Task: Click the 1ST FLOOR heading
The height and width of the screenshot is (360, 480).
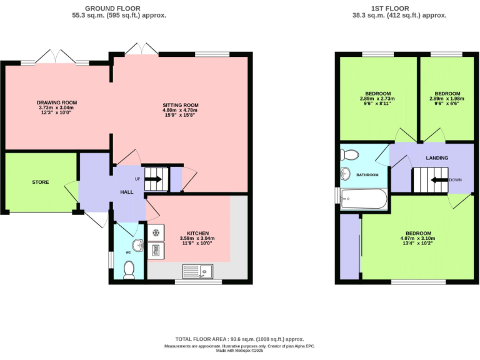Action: tap(391, 7)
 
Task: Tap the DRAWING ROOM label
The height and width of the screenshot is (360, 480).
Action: tap(56, 102)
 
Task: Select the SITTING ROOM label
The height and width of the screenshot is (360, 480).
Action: tap(180, 105)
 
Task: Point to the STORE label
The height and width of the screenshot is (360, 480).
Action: tap(41, 182)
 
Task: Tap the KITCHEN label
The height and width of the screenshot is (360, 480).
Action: tap(197, 233)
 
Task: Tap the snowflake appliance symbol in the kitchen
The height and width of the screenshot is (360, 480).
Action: tap(155, 233)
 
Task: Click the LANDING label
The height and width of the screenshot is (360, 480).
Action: tap(437, 158)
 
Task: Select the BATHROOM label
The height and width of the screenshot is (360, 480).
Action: tap(367, 175)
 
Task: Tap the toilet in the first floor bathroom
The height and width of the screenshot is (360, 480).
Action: tap(350, 154)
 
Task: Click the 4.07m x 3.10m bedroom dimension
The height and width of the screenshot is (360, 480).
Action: tap(417, 238)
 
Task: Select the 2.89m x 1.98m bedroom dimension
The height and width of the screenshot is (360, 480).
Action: tap(447, 99)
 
